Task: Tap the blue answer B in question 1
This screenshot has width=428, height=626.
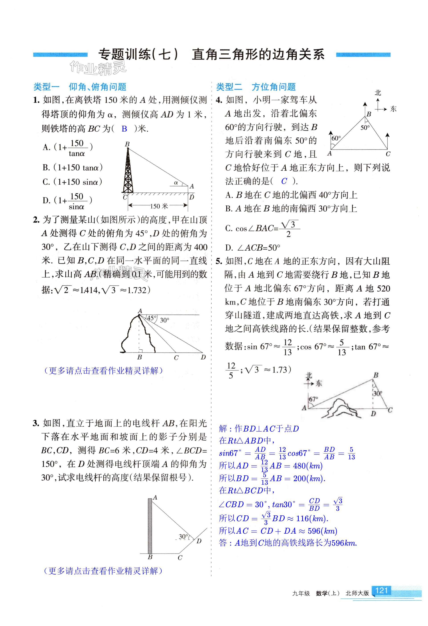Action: (124, 129)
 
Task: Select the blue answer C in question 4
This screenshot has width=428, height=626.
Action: (284, 181)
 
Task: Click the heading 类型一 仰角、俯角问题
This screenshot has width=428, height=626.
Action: (80, 87)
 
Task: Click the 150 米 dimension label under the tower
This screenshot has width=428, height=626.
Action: (159, 206)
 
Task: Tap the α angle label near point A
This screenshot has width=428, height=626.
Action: (176, 183)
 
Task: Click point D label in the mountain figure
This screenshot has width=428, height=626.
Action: (203, 357)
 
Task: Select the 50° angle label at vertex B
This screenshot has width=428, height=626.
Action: (365, 128)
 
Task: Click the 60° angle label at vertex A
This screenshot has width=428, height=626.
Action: (336, 138)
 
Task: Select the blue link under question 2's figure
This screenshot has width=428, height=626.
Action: (103, 371)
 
